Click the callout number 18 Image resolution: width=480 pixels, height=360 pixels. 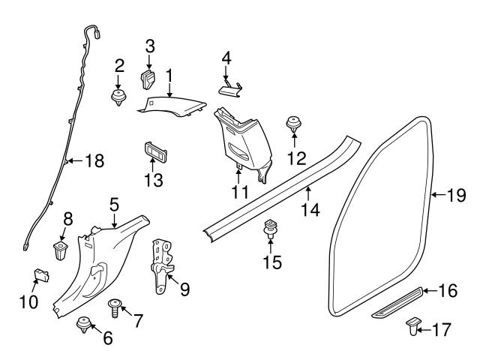[x=94, y=160]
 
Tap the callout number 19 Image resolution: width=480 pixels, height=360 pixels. [x=457, y=196]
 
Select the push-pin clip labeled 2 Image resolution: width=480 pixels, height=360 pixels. [x=118, y=97]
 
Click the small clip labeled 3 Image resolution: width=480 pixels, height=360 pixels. [x=147, y=77]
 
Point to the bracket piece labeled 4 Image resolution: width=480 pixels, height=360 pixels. [x=229, y=89]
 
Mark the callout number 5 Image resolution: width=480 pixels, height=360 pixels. [x=114, y=202]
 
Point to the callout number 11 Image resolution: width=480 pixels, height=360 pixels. [x=238, y=192]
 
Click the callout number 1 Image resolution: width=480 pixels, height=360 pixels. [x=169, y=75]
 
